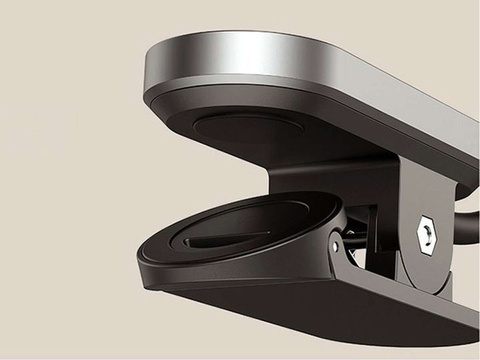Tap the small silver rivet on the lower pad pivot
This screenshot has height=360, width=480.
[x=335, y=241]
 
